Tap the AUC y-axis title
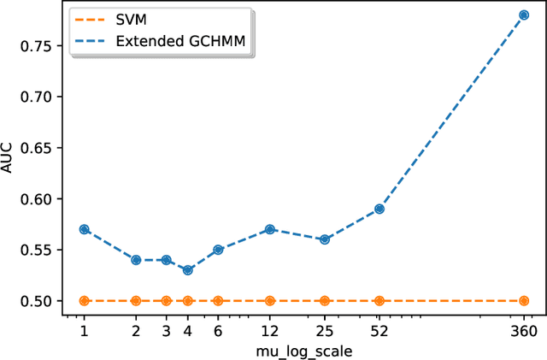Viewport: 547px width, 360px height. tap(9, 160)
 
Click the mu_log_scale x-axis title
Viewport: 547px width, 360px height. tap(304, 351)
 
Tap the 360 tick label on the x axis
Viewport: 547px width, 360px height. tap(524, 331)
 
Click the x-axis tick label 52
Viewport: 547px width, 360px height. tap(379, 331)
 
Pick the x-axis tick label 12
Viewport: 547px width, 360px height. tap(270, 331)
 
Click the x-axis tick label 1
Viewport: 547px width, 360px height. tap(84, 331)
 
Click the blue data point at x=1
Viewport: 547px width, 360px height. tap(84, 229)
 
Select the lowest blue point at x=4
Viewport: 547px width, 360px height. tap(188, 270)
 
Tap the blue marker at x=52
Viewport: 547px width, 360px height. tap(379, 209)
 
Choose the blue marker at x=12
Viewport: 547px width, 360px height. tap(270, 229)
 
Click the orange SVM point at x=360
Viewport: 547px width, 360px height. tap(524, 301)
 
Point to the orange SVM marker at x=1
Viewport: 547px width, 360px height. tap(84, 301)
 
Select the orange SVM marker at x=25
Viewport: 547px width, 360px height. tap(325, 301)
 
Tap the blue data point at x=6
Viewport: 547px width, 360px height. tap(218, 250)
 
